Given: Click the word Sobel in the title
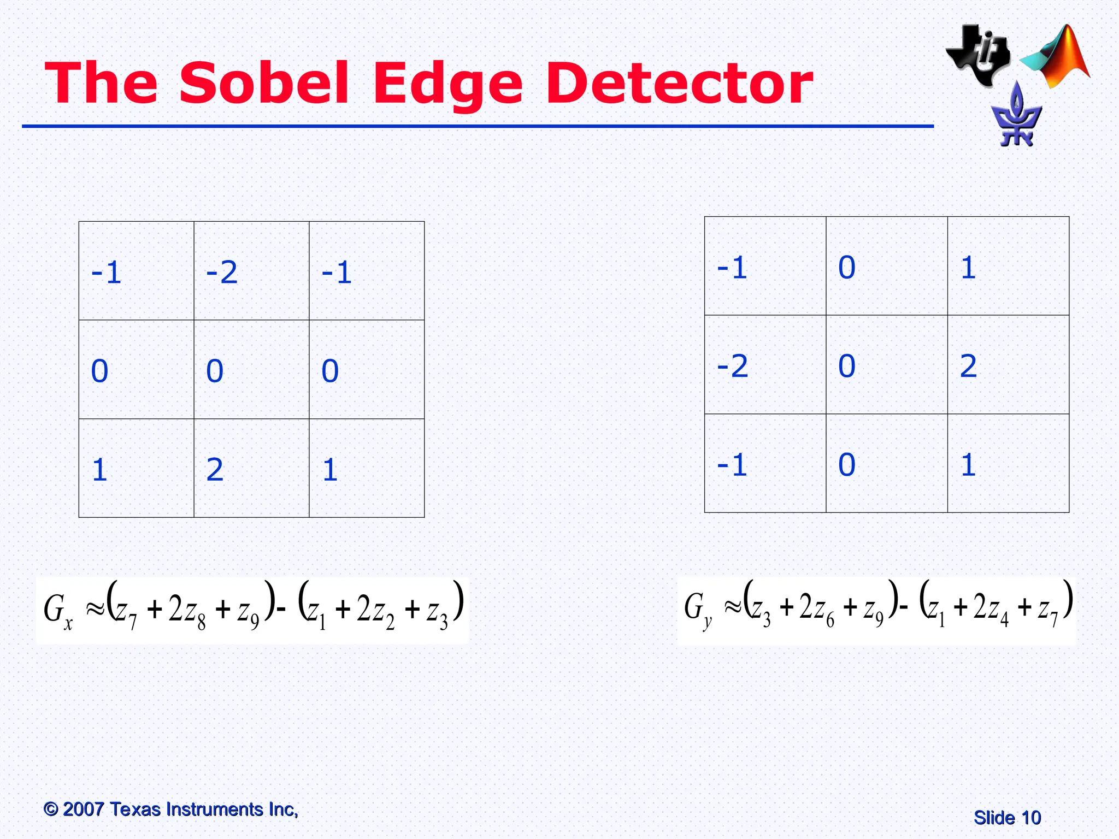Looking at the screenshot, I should [264, 83].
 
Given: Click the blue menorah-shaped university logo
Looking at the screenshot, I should [1016, 116].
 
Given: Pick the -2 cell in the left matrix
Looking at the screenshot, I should [222, 272].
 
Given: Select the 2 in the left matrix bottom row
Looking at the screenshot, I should [215, 469].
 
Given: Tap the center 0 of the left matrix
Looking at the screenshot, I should [215, 371].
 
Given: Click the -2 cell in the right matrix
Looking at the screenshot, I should [732, 365].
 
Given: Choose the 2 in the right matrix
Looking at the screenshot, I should [968, 365].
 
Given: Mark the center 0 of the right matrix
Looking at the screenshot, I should [847, 365].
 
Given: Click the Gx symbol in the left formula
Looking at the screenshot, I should [57, 611].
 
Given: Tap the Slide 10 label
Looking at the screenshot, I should [1007, 818].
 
